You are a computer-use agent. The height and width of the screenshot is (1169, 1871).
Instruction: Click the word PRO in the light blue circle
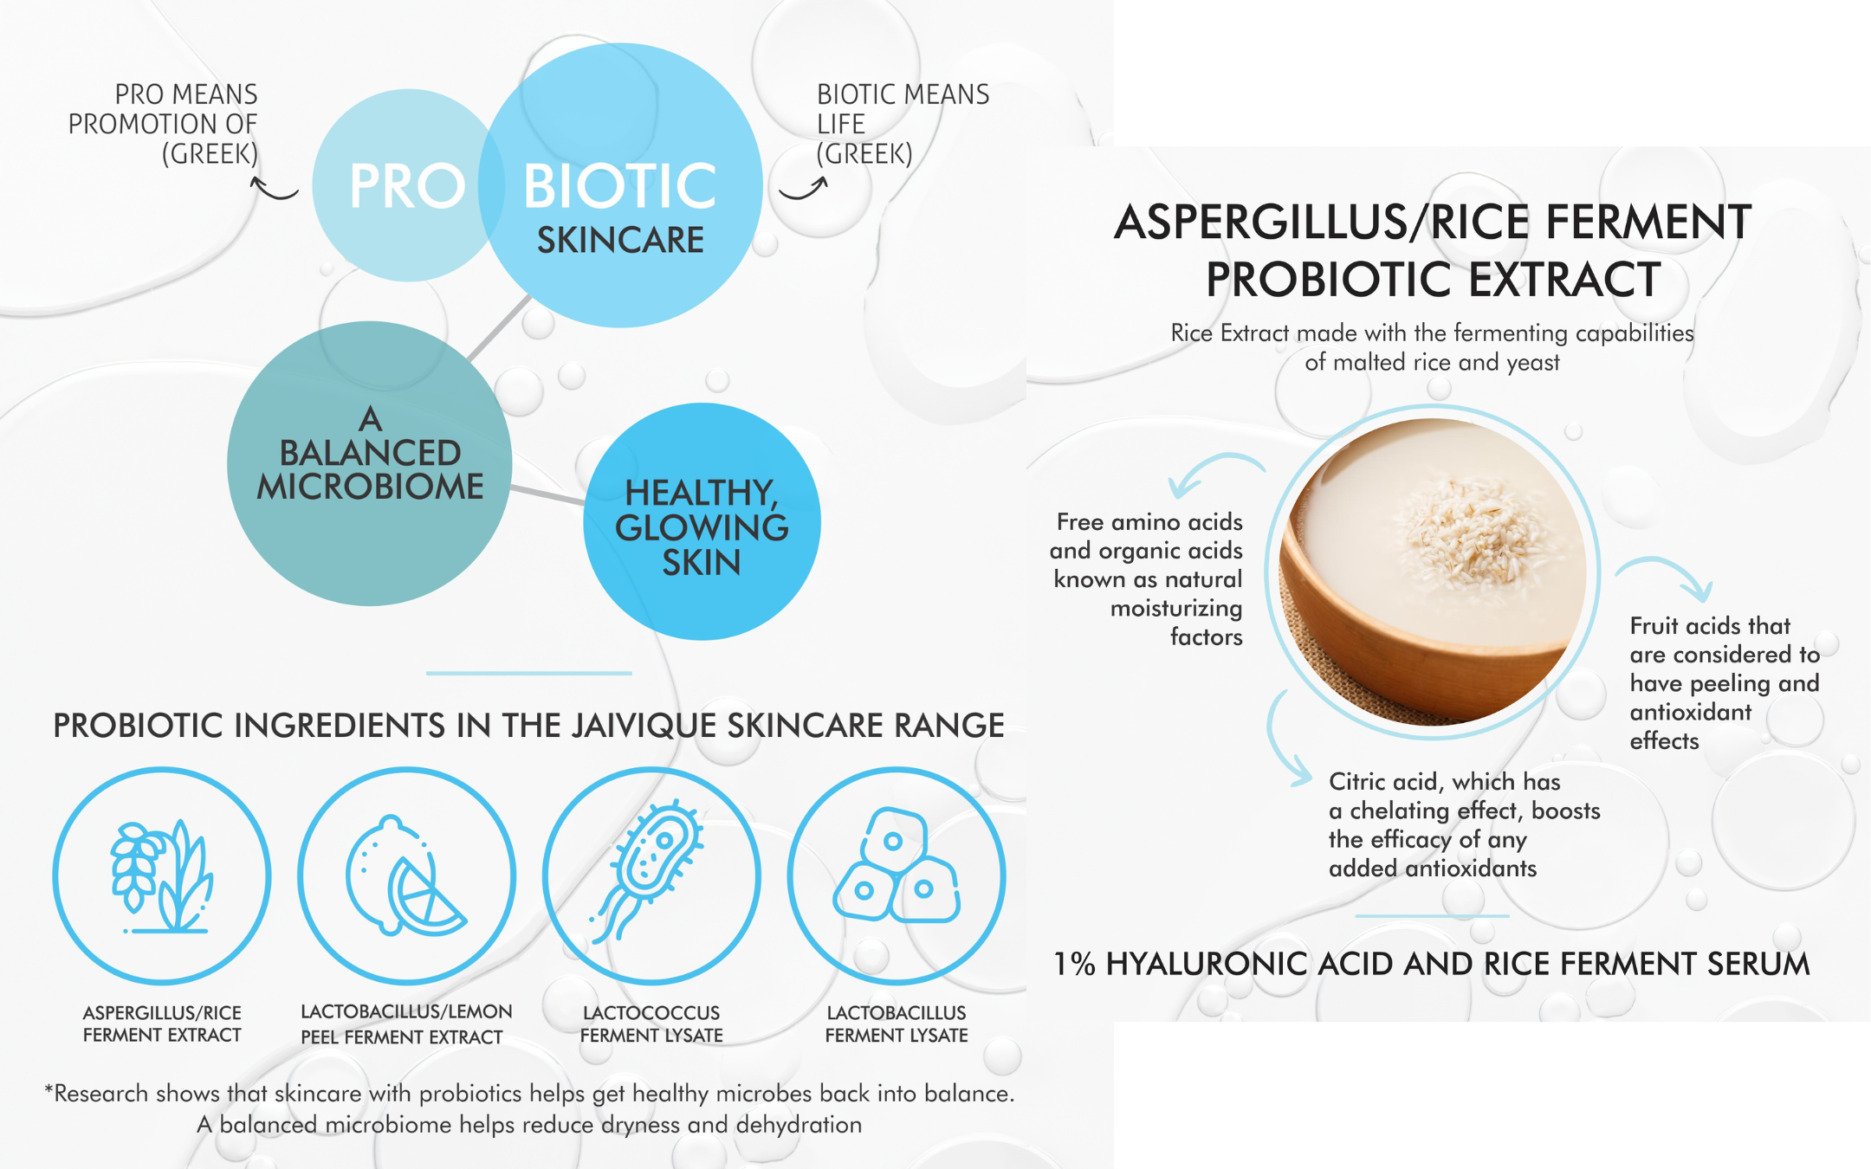coord(407,186)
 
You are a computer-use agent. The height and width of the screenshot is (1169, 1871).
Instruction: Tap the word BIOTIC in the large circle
coord(620,186)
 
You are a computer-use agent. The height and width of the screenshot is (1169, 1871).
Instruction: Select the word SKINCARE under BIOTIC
coord(620,240)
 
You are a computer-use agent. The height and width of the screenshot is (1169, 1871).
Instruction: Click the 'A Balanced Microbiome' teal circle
coord(370,463)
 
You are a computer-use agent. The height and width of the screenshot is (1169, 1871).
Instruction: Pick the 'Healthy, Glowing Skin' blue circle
coord(702,521)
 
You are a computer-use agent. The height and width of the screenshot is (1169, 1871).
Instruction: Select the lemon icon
coord(405,875)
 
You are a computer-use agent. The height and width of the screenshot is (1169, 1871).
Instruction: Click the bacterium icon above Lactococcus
coord(648,870)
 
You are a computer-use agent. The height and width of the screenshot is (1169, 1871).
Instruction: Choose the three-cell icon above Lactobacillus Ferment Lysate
coord(897,866)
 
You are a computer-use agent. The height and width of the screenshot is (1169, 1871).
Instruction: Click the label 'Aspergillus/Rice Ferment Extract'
coord(162,1024)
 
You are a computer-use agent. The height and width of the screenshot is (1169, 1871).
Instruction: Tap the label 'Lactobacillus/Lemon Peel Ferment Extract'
coord(405,1024)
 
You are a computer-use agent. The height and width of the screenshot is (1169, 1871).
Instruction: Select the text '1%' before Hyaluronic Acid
coord(1074,964)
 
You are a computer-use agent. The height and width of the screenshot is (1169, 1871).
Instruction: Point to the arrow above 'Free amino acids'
coord(1213,468)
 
